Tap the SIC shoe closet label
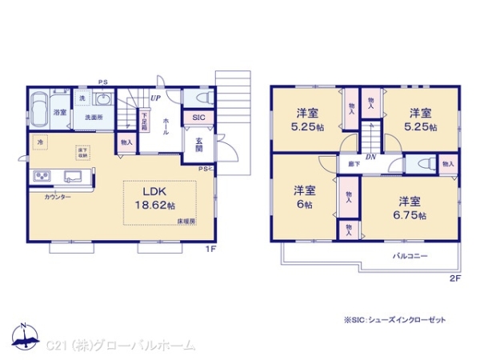tap(197, 118)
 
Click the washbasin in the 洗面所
tap(102, 99)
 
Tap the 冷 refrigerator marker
tap(39, 142)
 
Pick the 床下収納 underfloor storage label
tap(82, 151)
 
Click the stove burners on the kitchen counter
tap(42, 177)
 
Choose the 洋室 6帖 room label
tap(303, 197)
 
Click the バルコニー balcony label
tap(410, 256)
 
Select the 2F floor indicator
tap(454, 278)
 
